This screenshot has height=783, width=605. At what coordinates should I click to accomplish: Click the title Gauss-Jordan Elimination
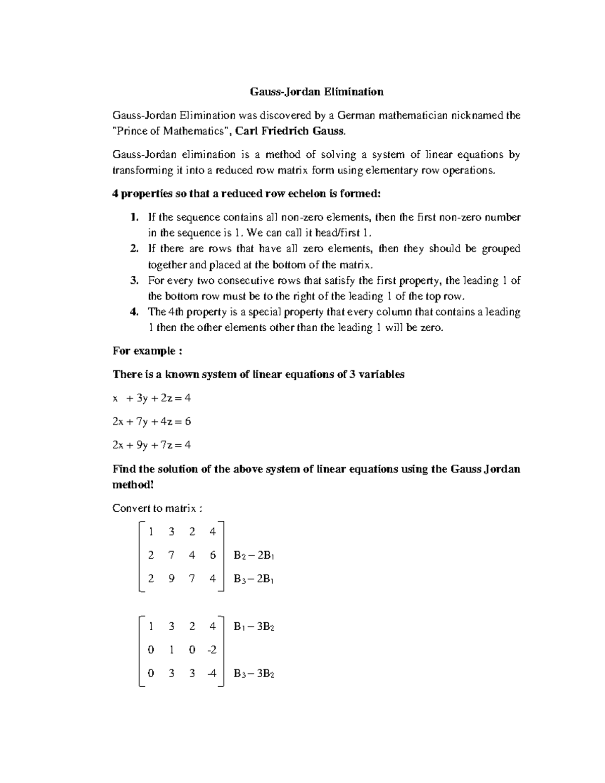coord(317,92)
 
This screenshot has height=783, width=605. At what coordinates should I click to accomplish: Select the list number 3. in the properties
coord(134,280)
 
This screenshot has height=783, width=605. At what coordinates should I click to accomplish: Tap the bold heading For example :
coord(147,351)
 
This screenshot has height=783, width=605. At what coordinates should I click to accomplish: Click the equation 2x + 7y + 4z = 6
coord(151,421)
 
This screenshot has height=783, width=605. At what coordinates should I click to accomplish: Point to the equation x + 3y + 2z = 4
coord(151,398)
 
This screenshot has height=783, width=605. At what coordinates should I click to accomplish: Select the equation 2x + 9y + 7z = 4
coord(151,445)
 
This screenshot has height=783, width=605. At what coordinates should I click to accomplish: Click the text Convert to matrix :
coord(157,508)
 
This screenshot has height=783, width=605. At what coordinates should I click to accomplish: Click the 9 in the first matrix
coord(171,579)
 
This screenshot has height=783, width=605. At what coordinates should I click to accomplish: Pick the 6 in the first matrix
coord(212,555)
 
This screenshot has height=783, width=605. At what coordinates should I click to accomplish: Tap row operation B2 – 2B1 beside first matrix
coord(254,556)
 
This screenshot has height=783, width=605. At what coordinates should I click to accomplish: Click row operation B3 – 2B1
coord(254,579)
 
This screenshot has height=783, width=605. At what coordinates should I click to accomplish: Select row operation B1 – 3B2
coord(254,627)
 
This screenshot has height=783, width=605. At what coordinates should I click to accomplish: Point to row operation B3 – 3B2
coord(254,674)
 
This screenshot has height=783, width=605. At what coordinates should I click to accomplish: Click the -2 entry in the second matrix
coord(212,650)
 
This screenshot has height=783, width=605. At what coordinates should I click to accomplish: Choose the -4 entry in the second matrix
coord(212,674)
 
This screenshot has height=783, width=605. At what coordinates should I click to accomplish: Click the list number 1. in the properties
coord(134,217)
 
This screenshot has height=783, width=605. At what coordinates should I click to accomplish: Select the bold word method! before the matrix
coord(133,485)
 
